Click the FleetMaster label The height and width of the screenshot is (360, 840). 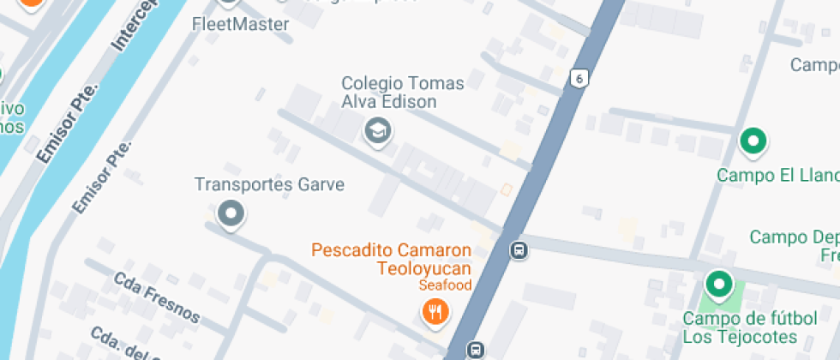241,24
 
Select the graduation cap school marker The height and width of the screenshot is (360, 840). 376,132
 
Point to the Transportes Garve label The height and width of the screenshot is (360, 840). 269,184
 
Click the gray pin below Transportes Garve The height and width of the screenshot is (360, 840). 231,213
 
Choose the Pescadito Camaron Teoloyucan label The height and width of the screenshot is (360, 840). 392,259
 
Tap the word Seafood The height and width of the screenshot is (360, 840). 445,285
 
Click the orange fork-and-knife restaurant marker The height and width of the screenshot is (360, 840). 435,311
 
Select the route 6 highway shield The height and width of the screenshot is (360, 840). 580,78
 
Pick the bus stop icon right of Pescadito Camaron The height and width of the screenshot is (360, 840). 519,250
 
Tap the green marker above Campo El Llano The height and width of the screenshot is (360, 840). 753,141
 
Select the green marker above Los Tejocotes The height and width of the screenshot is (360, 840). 718,283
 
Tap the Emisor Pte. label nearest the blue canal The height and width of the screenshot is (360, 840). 68,121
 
